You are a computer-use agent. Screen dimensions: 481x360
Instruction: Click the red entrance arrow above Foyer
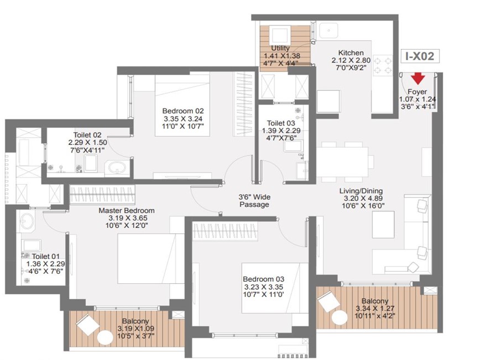tap(418, 79)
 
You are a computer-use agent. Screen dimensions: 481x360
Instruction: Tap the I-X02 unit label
tap(420, 56)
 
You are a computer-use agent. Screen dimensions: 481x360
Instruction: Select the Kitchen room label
tap(351, 53)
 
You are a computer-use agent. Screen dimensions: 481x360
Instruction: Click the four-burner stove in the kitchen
tap(383, 65)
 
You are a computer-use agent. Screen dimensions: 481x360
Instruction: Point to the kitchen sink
tap(329, 30)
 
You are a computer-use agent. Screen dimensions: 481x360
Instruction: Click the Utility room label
tap(280, 48)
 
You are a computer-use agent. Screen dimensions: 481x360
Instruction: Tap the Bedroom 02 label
tap(183, 111)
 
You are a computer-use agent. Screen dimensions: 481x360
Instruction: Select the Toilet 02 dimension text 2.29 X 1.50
tap(88, 143)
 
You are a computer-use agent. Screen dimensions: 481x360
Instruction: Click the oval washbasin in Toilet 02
tap(117, 168)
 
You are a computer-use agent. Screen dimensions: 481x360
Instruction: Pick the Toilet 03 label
tap(281, 123)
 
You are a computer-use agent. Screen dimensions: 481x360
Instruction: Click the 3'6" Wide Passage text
tap(254, 201)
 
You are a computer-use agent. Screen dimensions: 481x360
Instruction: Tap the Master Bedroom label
tap(127, 211)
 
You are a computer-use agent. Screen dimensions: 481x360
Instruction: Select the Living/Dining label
tap(361, 191)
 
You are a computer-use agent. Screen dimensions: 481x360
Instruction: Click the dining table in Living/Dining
tap(342, 161)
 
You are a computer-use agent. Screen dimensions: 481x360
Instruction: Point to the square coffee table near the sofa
tap(383, 225)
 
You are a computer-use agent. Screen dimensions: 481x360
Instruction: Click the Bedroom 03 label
tap(264, 279)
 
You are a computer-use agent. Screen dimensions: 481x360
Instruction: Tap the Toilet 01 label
tap(46, 256)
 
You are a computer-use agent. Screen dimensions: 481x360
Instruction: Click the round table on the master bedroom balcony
tap(105, 337)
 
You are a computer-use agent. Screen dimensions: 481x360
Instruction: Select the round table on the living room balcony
tap(339, 317)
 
